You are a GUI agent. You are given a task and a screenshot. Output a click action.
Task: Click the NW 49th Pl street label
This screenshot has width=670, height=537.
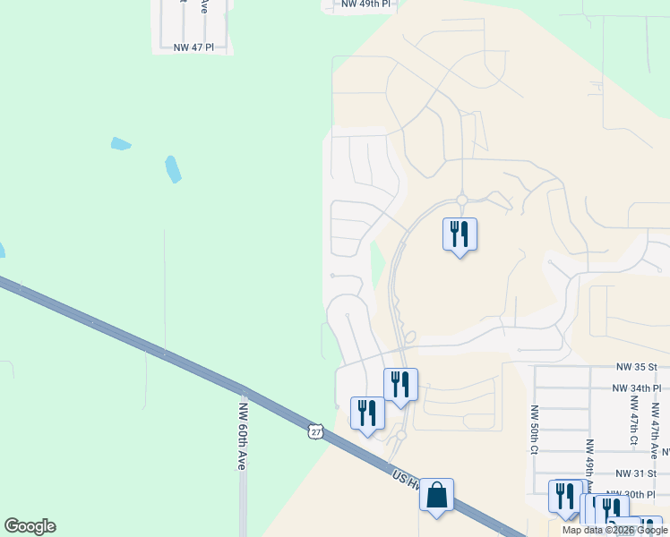(366, 4)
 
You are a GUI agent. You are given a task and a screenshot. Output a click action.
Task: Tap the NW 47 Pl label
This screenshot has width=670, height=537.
(193, 47)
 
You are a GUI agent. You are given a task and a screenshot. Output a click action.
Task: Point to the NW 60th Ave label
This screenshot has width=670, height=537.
(242, 435)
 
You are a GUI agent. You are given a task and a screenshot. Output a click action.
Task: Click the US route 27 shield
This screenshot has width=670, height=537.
(314, 431)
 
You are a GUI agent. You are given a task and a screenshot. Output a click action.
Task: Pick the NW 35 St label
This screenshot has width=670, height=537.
(637, 367)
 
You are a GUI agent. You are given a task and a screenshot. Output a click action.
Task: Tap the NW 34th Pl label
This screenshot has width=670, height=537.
(636, 388)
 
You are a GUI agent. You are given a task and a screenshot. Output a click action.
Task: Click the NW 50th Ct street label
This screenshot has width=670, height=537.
(533, 430)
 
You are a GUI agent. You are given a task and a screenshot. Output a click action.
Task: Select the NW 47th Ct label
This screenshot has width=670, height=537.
(632, 428)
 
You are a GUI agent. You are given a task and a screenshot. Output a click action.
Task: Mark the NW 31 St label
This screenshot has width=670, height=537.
(636, 473)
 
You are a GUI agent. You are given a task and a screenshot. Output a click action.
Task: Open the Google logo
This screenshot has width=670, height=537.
(30, 526)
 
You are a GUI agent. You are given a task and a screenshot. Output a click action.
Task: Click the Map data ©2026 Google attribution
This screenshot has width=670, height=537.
(615, 530)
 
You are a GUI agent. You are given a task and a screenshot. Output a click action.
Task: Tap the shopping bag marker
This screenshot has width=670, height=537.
(436, 495)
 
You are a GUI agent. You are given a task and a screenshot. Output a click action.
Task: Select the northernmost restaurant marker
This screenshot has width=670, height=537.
(460, 234)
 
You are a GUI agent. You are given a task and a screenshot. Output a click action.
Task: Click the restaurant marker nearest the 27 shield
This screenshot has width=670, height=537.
(367, 413)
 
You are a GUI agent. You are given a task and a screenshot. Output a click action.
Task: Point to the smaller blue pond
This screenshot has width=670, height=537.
(121, 143)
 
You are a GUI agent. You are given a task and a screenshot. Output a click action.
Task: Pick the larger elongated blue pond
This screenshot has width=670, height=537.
(173, 168)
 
